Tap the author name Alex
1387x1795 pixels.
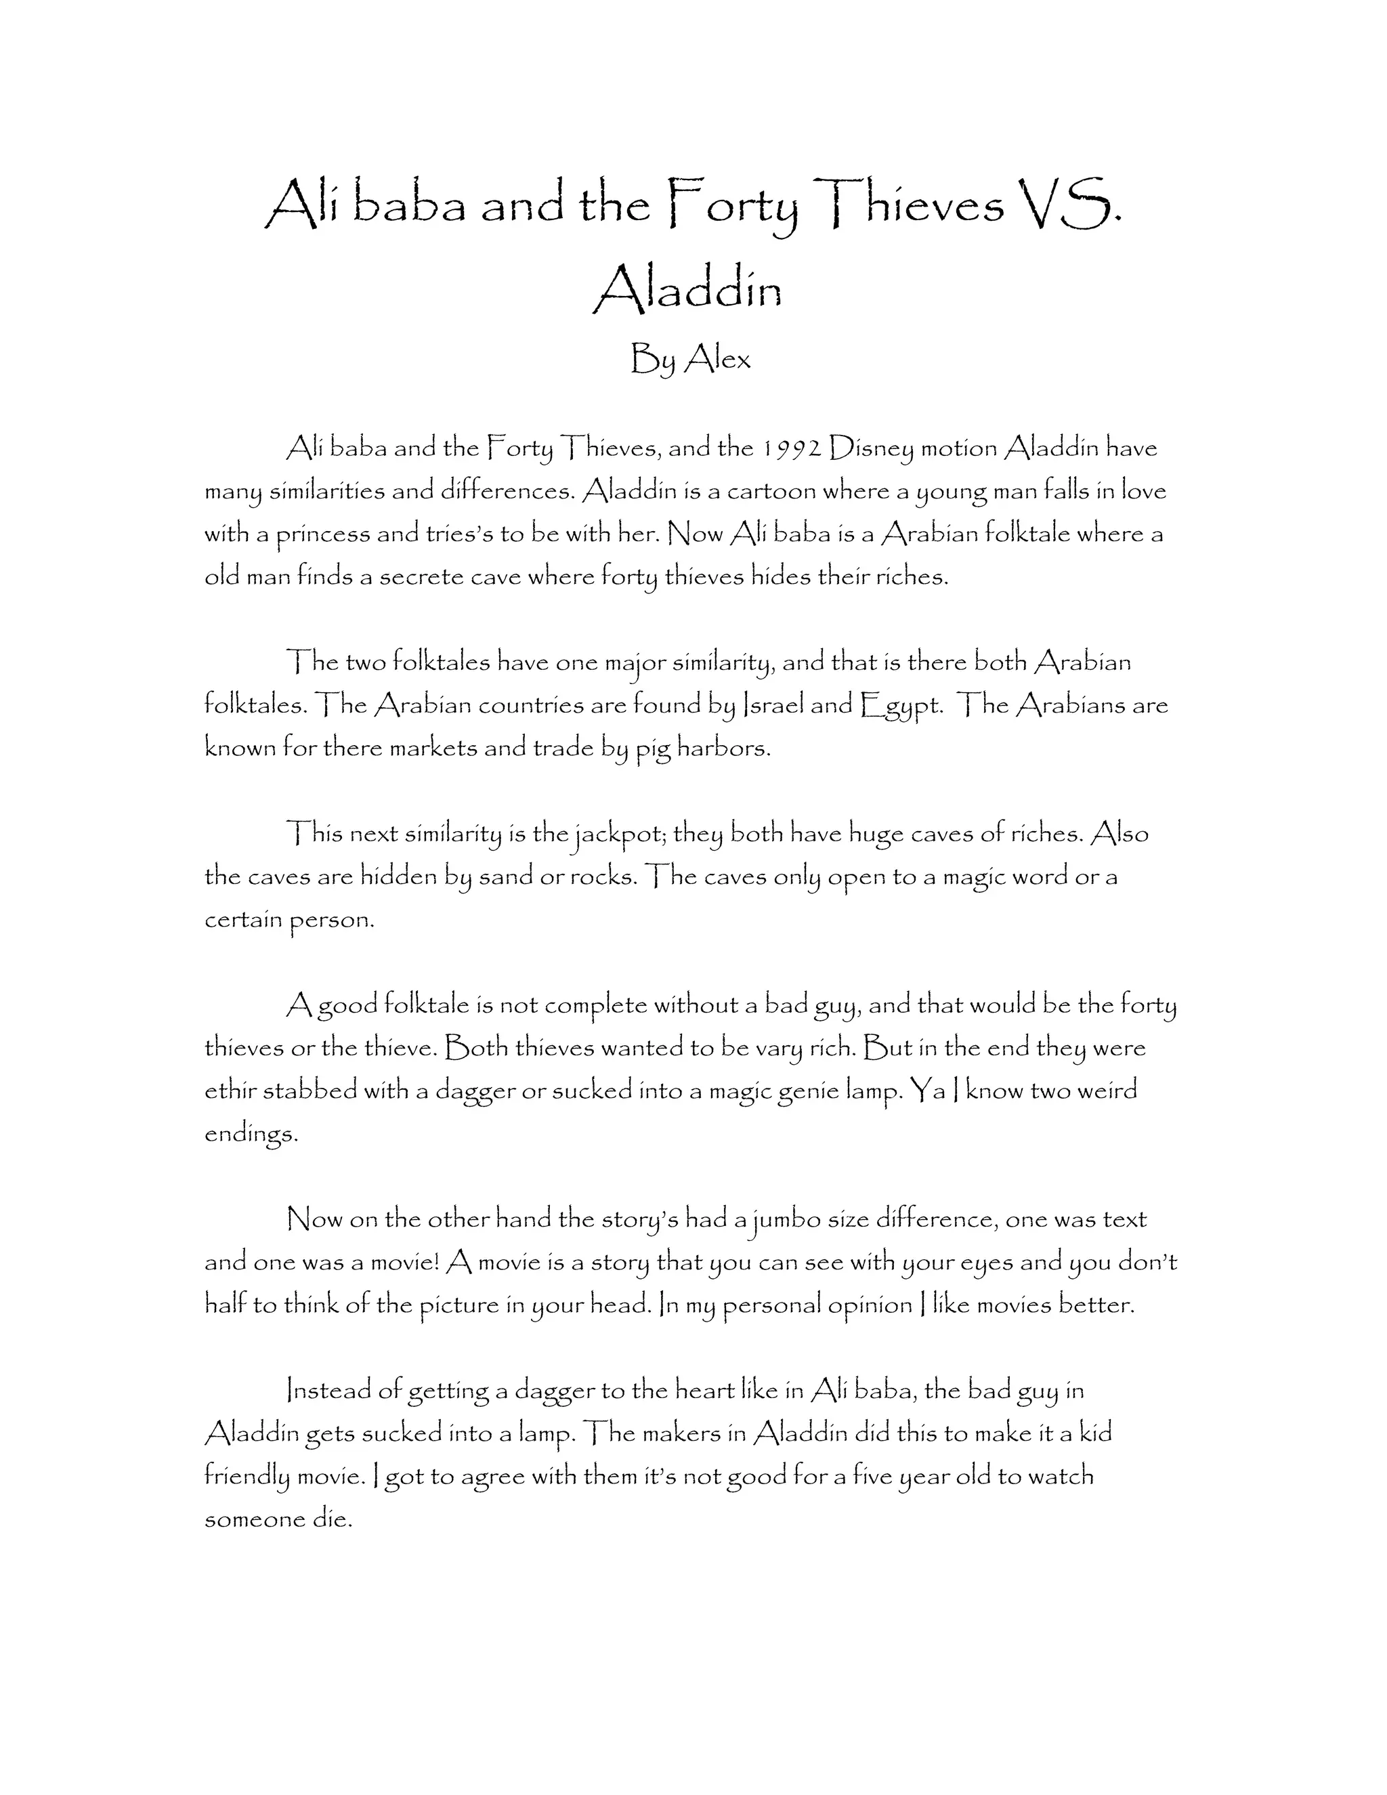[717, 358]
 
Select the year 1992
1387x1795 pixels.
[791, 448]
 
